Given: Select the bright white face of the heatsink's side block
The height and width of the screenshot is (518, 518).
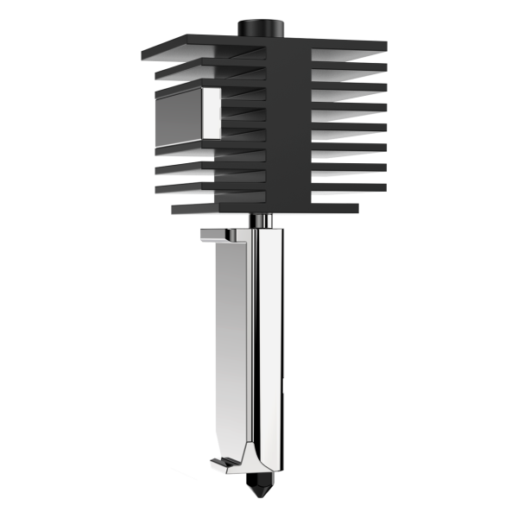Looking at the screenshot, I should point(211,113).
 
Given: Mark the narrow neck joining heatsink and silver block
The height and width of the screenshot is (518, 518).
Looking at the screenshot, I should point(262,221).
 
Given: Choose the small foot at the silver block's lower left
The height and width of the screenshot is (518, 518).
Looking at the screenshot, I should point(224,465).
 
